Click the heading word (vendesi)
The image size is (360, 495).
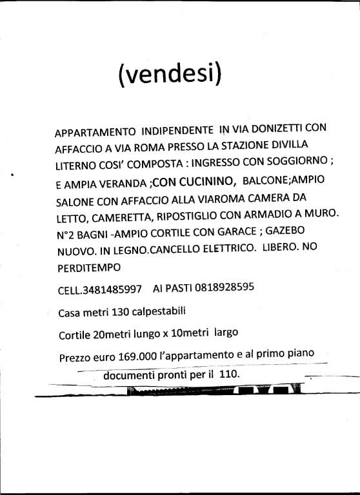pyautogui.click(x=170, y=75)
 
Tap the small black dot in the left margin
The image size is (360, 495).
pyautogui.click(x=12, y=175)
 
